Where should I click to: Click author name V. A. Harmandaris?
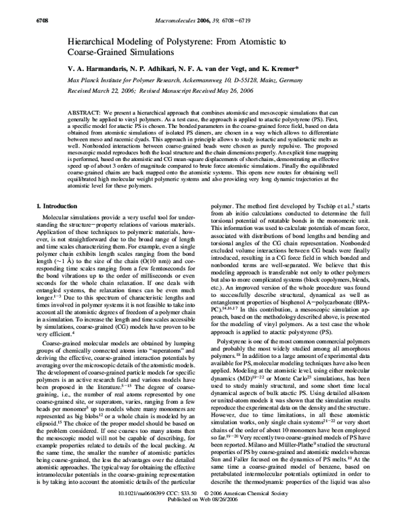point(102,70)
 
